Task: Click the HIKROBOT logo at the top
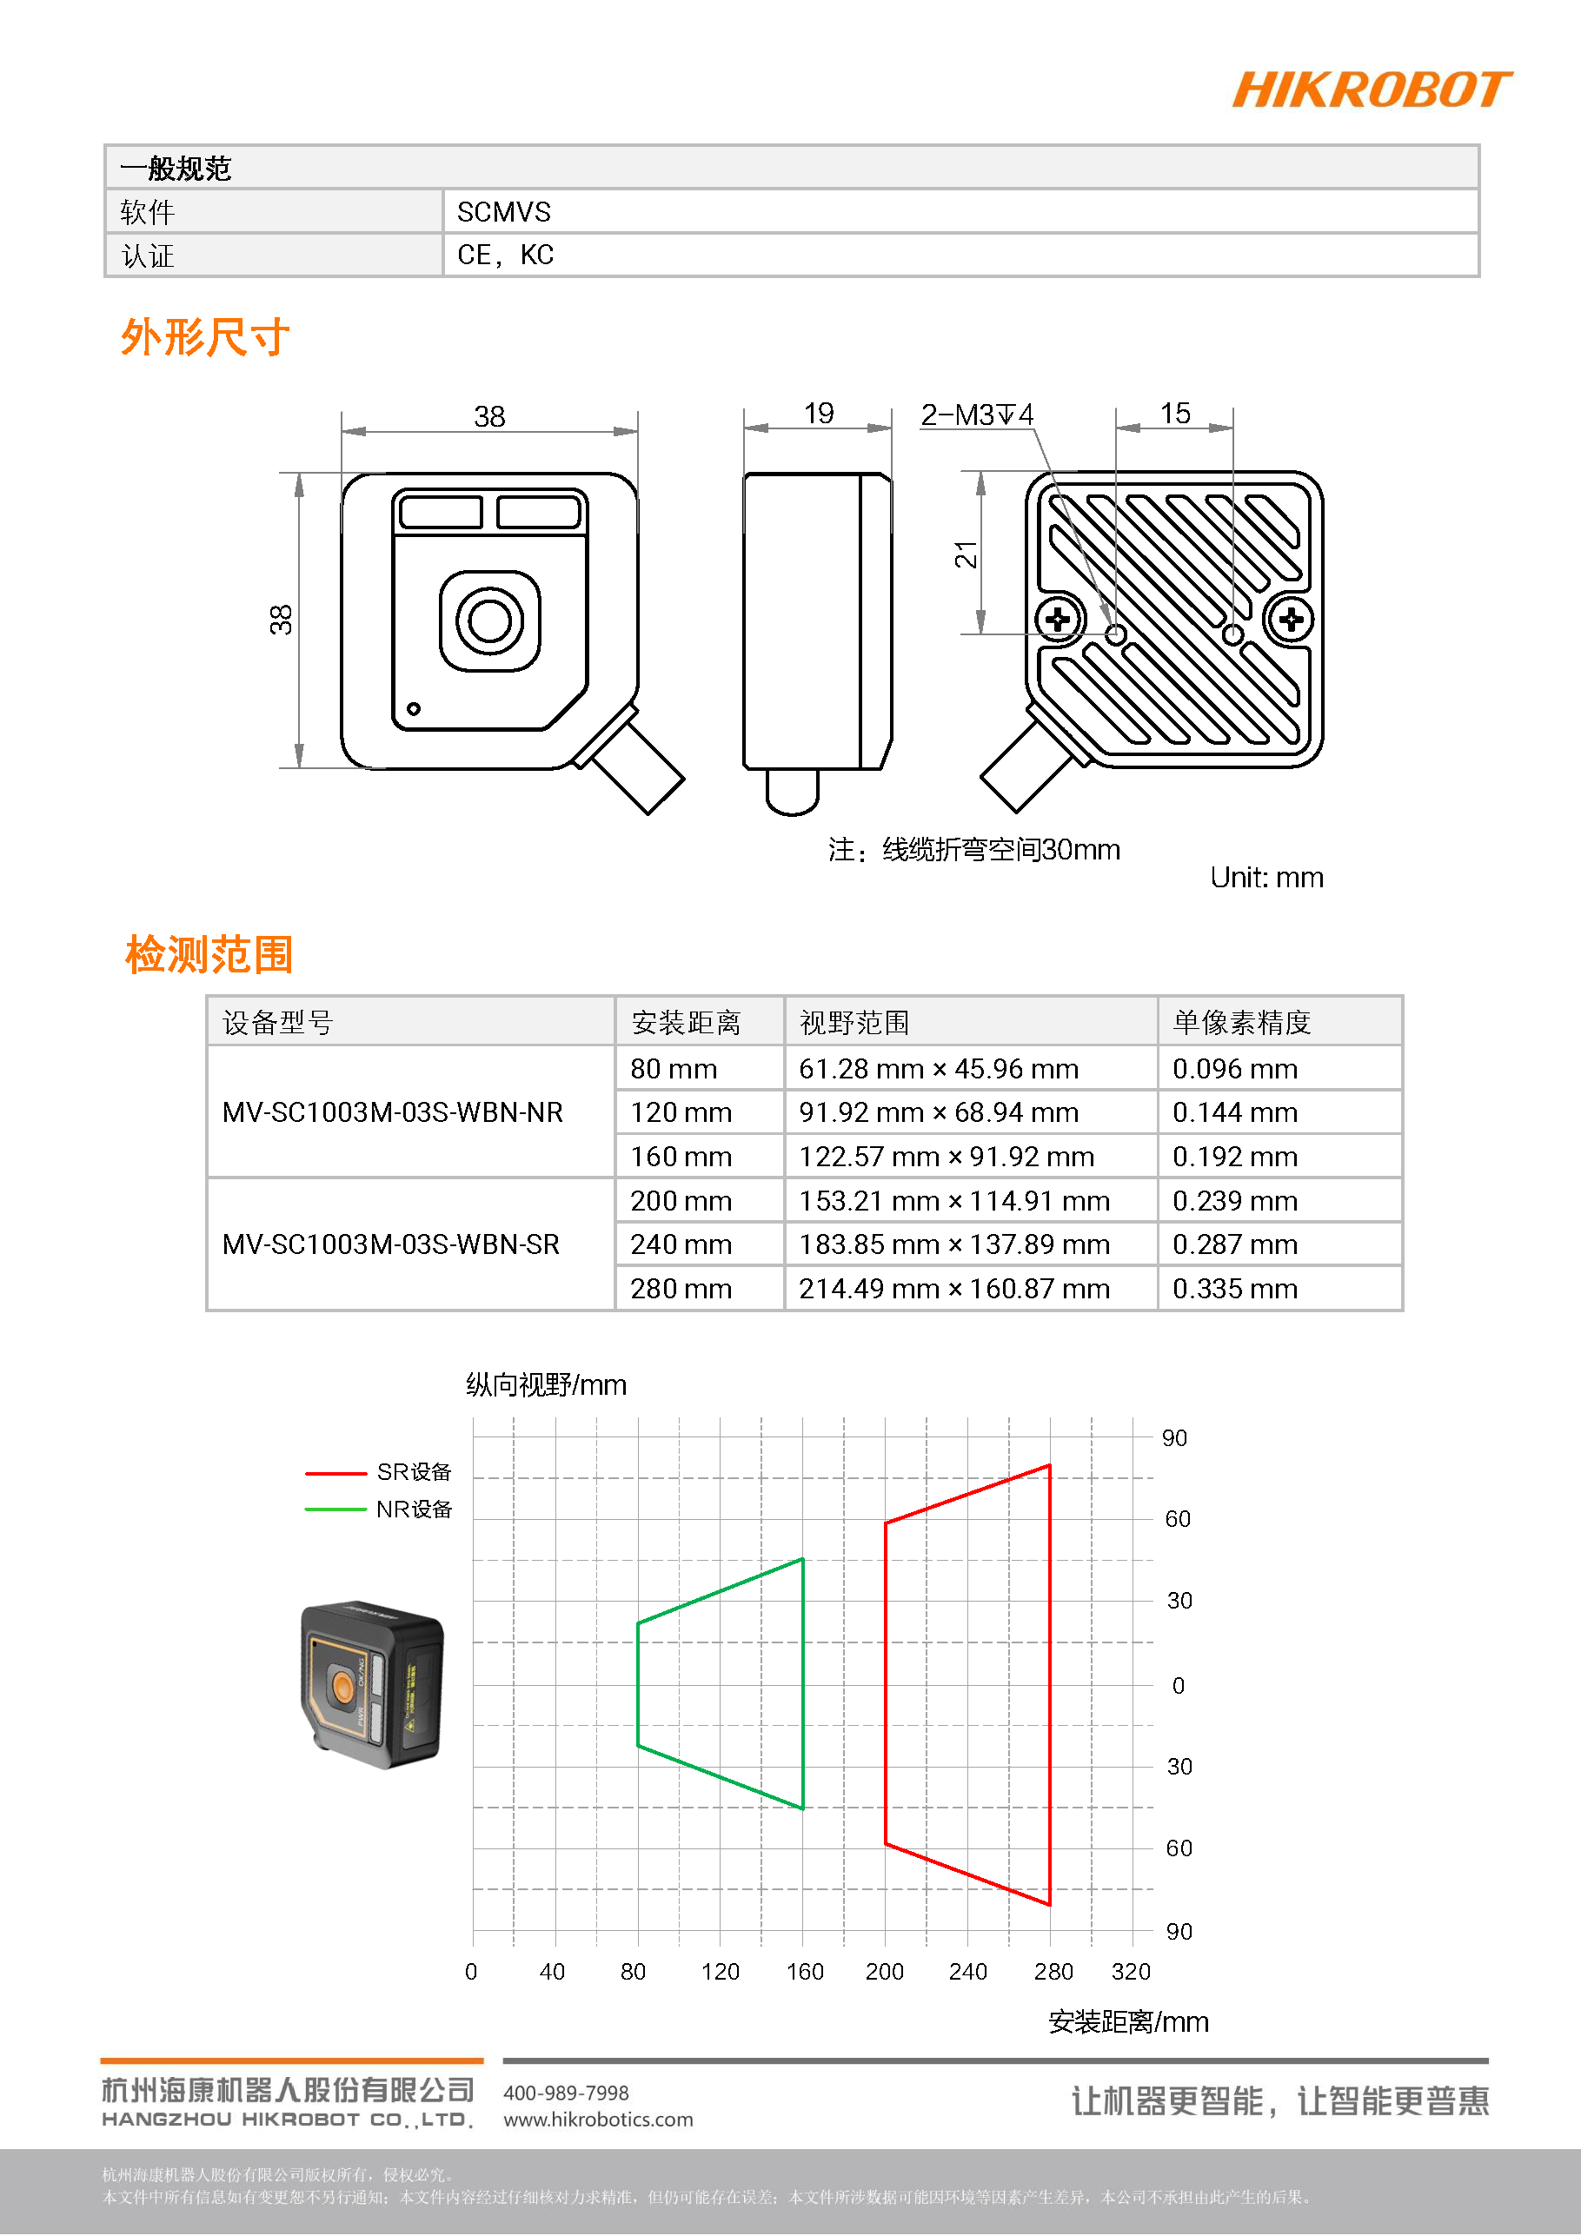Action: coord(1371,90)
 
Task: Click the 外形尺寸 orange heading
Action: coord(204,337)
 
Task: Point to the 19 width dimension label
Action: coord(818,413)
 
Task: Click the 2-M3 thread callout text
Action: coord(976,415)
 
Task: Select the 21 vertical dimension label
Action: coord(966,555)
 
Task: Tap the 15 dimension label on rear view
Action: coord(1175,413)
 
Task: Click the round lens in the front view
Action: coord(489,620)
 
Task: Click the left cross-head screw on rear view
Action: coord(1058,619)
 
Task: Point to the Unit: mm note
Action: coord(1266,878)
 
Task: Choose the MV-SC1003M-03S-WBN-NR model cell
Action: coord(393,1112)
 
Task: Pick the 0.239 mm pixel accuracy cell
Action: coord(1234,1201)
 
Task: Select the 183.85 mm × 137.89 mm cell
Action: coord(953,1244)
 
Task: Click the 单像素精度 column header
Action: coord(1241,1023)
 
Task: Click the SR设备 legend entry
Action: coord(413,1471)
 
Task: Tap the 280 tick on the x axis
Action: coord(1053,1972)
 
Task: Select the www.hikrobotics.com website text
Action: coord(598,2120)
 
